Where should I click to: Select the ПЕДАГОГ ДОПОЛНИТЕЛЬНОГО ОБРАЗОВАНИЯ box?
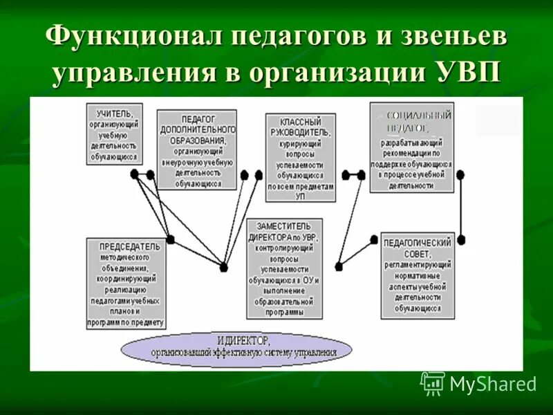click(196, 149)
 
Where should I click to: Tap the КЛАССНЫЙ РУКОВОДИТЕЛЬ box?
click(299, 158)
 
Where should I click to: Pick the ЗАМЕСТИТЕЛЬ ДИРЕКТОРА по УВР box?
click(283, 268)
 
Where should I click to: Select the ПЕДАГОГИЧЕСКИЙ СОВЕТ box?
click(418, 275)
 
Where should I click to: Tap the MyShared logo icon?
click(433, 383)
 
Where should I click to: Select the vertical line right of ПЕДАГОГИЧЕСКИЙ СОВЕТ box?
click(460, 207)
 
